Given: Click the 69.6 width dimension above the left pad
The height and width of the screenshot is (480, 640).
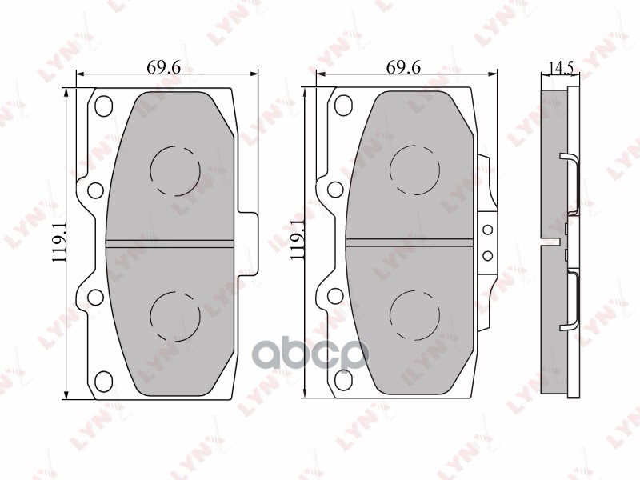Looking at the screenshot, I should [x=164, y=67].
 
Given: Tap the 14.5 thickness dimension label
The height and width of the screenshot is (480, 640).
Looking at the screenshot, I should [x=561, y=67].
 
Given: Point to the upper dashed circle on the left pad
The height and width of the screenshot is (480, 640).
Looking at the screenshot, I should [x=175, y=170].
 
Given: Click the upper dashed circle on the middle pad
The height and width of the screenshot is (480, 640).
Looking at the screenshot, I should [x=414, y=170].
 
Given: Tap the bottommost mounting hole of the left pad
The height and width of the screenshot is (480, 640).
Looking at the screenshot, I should [x=103, y=379].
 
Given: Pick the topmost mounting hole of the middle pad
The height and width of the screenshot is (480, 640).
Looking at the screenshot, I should [x=342, y=105].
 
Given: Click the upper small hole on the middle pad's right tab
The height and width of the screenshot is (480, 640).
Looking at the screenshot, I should [x=486, y=231].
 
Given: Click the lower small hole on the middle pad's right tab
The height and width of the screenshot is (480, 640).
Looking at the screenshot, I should [x=486, y=256].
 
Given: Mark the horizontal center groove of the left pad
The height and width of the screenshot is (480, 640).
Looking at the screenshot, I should [x=170, y=242].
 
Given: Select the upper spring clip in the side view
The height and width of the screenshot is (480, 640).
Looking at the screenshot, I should [x=571, y=176].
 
